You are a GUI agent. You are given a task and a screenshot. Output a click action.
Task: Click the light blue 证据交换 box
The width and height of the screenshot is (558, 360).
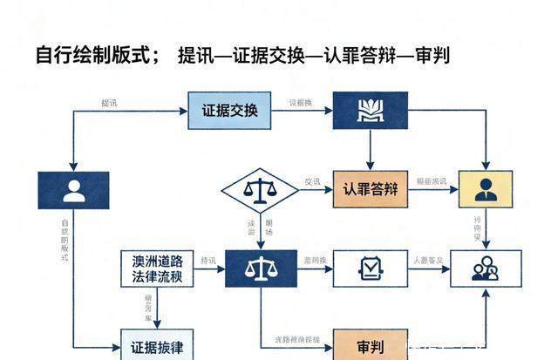(230, 111)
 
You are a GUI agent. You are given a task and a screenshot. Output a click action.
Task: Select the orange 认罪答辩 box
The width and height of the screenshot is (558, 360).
(371, 188)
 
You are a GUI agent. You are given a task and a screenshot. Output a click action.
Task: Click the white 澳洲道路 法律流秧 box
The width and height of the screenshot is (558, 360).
(158, 269)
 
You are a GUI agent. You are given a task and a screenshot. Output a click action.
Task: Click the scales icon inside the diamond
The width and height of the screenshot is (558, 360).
(260, 189)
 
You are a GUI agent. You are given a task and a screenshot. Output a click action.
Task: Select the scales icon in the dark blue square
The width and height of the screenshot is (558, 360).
(260, 268)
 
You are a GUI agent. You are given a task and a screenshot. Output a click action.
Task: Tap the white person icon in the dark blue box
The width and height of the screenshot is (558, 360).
(74, 189)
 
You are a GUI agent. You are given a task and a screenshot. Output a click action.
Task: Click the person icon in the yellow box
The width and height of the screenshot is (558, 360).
(484, 189)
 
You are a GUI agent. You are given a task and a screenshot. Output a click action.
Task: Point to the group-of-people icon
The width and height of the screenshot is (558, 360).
(484, 269)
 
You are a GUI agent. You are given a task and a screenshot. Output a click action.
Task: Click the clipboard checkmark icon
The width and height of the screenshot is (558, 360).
(371, 268)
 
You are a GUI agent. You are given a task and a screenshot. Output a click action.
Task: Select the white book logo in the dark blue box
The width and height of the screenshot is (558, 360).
(371, 111)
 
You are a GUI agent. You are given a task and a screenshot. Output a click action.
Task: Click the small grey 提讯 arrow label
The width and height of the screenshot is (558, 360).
(109, 103)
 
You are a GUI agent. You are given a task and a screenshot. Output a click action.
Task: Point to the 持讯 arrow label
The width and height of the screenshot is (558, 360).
(208, 261)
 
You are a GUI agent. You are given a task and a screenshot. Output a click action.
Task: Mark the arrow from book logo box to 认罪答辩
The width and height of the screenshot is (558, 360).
(371, 148)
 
